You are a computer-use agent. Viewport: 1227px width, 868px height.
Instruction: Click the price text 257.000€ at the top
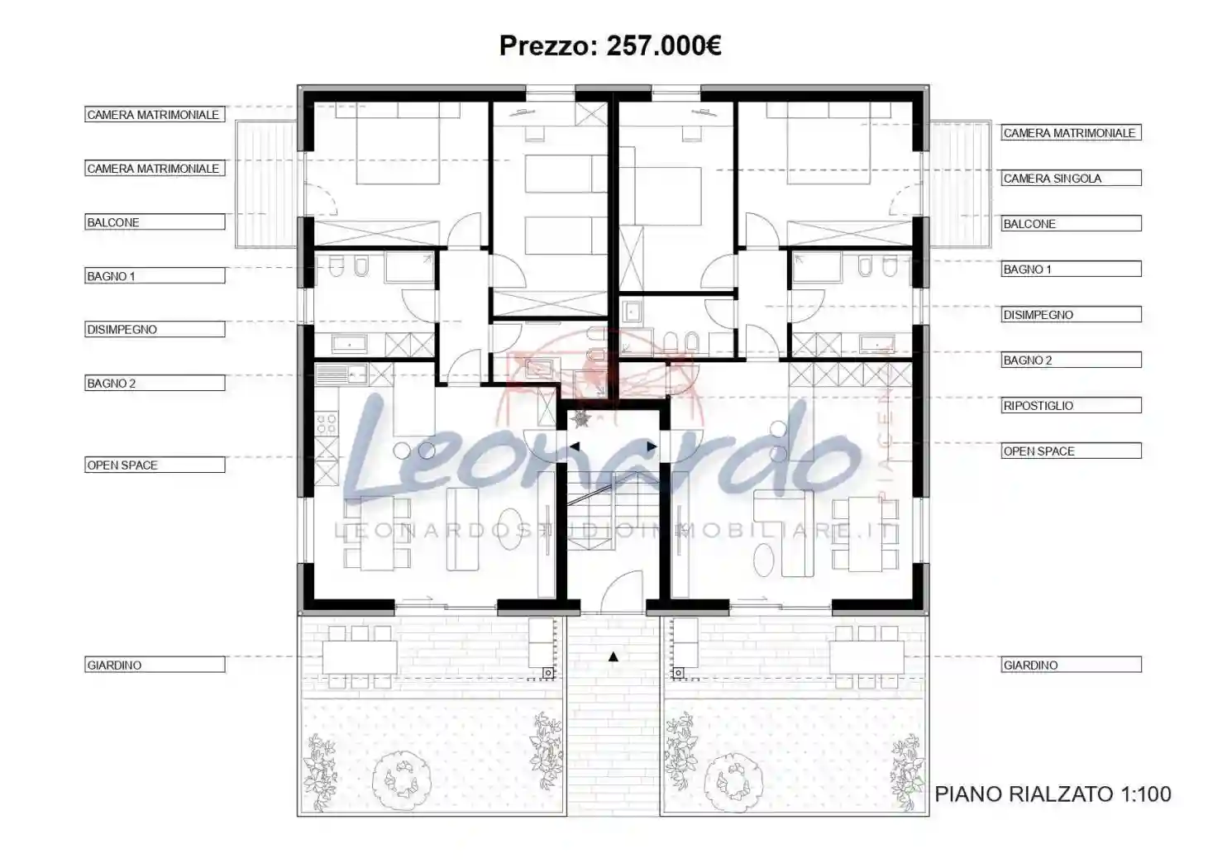click(x=663, y=45)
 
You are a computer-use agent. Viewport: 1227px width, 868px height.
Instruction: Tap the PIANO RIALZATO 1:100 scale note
click(x=1053, y=794)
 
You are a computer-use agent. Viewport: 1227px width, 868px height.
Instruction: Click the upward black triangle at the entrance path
click(x=613, y=656)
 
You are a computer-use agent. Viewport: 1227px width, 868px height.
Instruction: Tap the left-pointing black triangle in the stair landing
click(x=575, y=446)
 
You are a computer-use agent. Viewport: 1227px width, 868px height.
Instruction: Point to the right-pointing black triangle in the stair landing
click(x=652, y=446)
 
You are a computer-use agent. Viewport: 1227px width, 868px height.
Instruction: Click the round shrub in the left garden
click(x=403, y=777)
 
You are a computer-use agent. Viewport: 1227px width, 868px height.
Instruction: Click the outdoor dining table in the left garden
click(x=359, y=657)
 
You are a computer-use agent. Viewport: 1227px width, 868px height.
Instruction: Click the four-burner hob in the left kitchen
click(x=326, y=424)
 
